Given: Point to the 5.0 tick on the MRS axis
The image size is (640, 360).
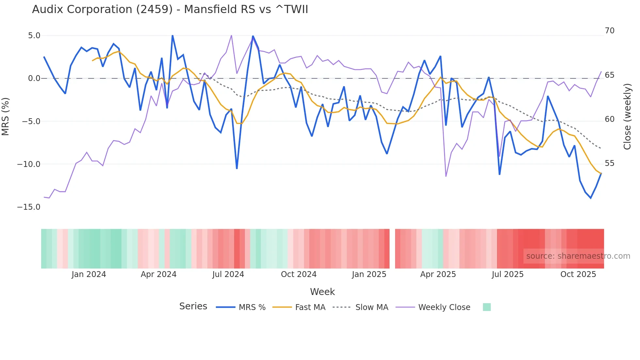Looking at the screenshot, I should pos(34,35).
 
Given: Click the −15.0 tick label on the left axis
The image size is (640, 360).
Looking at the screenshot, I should pos(29,207).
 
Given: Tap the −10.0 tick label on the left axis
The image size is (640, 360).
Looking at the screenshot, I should pos(29,164).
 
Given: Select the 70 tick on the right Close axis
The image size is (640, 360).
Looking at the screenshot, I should pos(609,31).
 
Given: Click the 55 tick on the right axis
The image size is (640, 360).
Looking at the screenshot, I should pos(609,163).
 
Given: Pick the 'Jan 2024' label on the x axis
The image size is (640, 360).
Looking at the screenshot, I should pos(89,274).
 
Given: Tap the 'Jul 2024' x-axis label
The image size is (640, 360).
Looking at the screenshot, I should pos(228,274).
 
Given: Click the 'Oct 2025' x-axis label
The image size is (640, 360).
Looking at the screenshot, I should pos(578,274).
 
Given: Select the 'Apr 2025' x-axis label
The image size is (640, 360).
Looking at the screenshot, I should pos(438,274).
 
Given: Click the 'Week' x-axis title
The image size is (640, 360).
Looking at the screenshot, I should pos(322,292).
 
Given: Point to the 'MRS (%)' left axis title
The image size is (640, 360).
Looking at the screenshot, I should pos(6,116).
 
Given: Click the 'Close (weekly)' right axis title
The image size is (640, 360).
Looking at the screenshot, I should pos(627,116).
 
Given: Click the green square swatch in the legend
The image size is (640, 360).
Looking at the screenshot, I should pos(487,307).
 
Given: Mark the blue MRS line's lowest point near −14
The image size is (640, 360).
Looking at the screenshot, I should pos(591,198).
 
